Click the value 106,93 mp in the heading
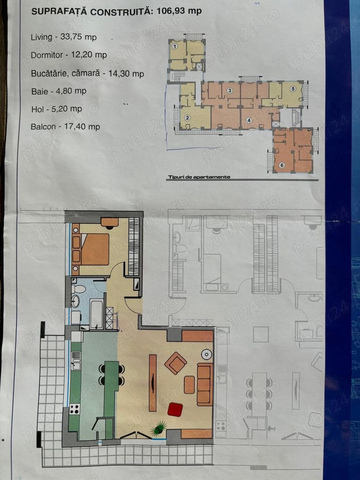[179, 11]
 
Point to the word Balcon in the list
[43, 127]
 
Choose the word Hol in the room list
[37, 109]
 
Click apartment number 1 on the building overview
[175, 47]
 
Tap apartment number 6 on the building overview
[282, 165]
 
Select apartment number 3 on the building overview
[230, 90]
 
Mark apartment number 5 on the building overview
[293, 89]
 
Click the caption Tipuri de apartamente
[199, 177]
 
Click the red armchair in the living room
[176, 410]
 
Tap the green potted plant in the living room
[159, 428]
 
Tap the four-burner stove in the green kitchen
[74, 409]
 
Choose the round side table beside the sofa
[207, 355]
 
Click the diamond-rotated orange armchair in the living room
[176, 363]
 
